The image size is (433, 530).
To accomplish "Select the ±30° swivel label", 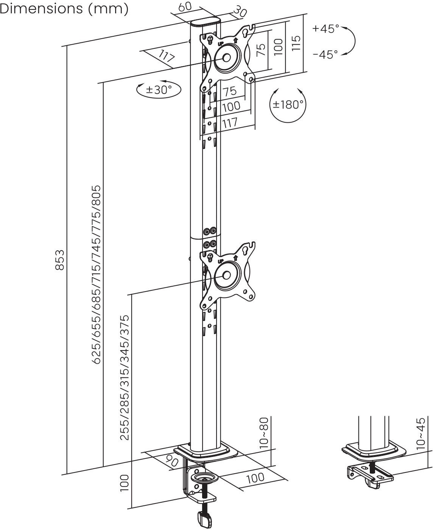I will pyautogui.click(x=159, y=90).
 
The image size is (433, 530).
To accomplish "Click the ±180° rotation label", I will pyautogui.click(x=288, y=104).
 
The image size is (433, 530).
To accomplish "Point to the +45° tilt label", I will pyautogui.click(x=326, y=29).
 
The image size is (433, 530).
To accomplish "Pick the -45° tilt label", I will pyautogui.click(x=325, y=55).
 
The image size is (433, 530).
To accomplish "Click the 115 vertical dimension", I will pyautogui.click(x=296, y=43).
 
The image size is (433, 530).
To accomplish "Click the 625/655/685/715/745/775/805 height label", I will pyautogui.click(x=97, y=274).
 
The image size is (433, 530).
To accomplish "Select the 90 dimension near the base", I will pyautogui.click(x=172, y=461).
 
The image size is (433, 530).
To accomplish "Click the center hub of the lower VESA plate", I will pyautogui.click(x=226, y=275).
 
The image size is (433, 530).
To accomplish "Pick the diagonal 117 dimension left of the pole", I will pyautogui.click(x=167, y=57).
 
